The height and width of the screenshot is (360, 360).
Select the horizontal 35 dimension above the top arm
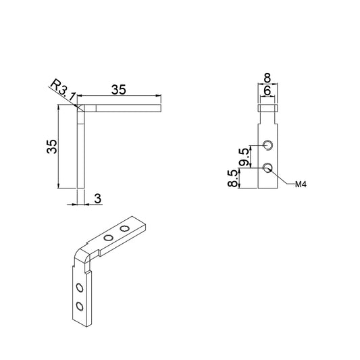(x=119, y=89)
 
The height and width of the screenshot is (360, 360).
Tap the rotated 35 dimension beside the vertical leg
(x=51, y=147)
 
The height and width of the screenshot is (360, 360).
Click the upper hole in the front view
(x=269, y=145)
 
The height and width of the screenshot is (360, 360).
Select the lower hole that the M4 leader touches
(x=269, y=167)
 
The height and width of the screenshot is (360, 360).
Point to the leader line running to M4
(x=284, y=177)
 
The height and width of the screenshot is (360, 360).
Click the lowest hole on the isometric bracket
(x=80, y=307)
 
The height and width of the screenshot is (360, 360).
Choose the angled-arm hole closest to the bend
(x=107, y=238)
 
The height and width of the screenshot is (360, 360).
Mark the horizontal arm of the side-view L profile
(x=122, y=107)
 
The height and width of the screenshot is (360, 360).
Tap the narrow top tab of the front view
(x=269, y=106)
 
